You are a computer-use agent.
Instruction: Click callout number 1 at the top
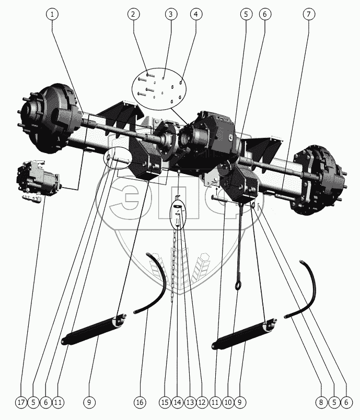(52, 14)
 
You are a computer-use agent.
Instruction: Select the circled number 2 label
(133, 14)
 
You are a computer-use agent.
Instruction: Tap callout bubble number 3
(171, 14)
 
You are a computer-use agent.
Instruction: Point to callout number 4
(196, 14)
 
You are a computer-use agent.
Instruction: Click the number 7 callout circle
(309, 14)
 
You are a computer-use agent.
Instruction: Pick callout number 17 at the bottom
(21, 402)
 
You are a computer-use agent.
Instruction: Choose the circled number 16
(140, 402)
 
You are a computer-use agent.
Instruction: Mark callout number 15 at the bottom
(165, 402)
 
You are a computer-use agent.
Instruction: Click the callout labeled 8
(321, 402)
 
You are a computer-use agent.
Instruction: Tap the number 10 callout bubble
(228, 402)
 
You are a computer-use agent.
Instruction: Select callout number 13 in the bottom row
(190, 402)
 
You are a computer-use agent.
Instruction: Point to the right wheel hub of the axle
(319, 180)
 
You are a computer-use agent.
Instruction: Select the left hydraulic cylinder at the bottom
(94, 329)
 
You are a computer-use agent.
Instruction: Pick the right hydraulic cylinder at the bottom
(245, 333)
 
